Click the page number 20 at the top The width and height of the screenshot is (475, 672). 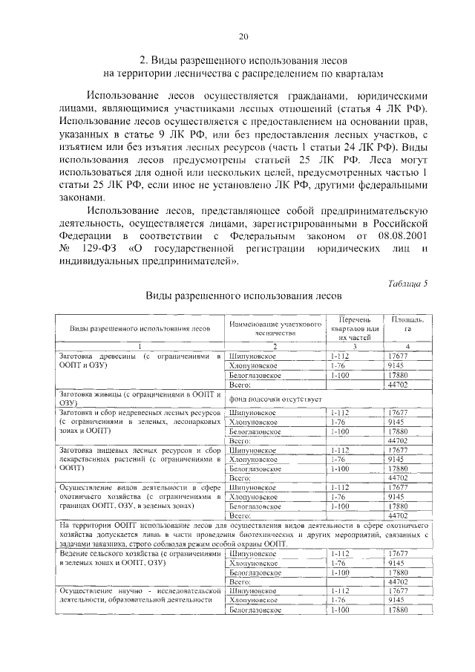pyautogui.click(x=243, y=36)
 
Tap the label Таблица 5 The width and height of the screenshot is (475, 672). pyautogui.click(x=407, y=283)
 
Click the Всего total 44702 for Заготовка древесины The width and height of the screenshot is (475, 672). pyautogui.click(x=399, y=385)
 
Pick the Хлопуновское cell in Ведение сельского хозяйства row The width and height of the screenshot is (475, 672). pyautogui.click(x=253, y=564)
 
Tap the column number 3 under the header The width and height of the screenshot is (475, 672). pyautogui.click(x=355, y=348)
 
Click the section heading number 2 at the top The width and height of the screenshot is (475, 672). pyautogui.click(x=144, y=59)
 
